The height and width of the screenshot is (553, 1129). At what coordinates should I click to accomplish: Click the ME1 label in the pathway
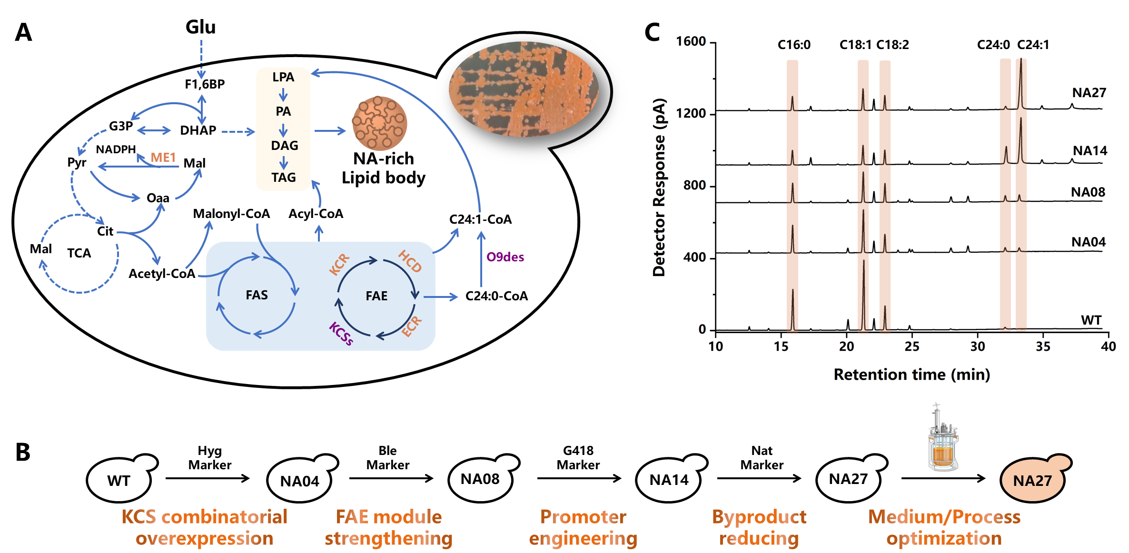pos(163,158)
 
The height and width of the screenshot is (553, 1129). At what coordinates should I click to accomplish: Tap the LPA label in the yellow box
pos(283,77)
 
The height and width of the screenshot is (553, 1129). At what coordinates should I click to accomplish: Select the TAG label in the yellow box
pos(284,178)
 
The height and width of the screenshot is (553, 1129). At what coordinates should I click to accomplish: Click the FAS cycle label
pos(257,295)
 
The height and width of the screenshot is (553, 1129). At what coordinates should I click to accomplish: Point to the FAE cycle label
pos(376,296)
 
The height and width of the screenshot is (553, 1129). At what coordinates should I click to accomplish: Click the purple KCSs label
pos(341,333)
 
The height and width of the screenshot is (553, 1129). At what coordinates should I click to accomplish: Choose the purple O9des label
pos(505,257)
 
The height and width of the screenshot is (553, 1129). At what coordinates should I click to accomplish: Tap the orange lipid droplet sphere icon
pos(379,123)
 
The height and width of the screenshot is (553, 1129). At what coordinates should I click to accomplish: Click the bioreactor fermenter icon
pos(942,438)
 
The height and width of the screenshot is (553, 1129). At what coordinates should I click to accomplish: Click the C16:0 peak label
pos(794,45)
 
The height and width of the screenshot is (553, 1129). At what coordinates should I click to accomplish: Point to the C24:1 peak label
pos(1033,45)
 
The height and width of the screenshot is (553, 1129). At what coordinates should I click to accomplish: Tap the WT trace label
pos(1091,320)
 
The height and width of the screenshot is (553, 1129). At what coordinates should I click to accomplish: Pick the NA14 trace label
pos(1089,151)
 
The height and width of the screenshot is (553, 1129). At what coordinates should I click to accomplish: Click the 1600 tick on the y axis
pos(691,41)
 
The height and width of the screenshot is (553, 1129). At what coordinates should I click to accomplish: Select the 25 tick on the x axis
pos(912,346)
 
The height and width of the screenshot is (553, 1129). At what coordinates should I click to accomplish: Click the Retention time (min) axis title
pos(911,375)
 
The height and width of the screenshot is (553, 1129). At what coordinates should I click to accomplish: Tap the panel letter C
pos(652,32)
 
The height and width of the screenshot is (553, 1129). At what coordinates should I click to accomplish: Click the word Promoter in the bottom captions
pos(583,517)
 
